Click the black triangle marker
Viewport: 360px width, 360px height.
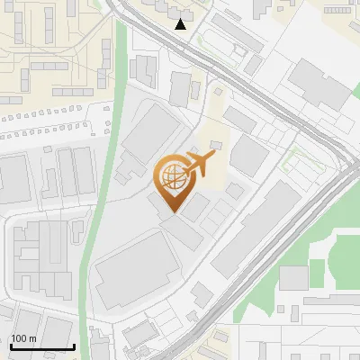point(181,24)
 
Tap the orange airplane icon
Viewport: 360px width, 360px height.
point(199,164)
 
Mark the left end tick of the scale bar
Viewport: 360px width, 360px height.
point(11,346)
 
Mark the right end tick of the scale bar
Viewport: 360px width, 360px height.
point(73,346)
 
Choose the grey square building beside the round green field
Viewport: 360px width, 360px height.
point(293,278)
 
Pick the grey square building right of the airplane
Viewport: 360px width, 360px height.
point(247,155)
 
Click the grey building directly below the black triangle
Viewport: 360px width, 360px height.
point(180,88)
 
